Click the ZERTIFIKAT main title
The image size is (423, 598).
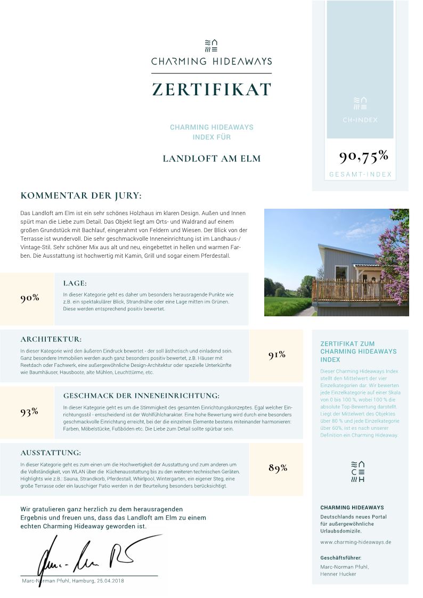pyautogui.click(x=211, y=89)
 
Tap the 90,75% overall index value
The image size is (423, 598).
pyautogui.click(x=363, y=156)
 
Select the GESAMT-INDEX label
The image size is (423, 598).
pyautogui.click(x=360, y=174)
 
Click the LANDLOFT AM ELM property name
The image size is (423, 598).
pyautogui.click(x=211, y=159)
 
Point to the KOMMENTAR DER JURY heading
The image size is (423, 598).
pyautogui.click(x=81, y=196)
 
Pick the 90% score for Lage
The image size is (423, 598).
pyautogui.click(x=30, y=298)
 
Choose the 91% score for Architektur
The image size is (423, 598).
pyautogui.click(x=277, y=355)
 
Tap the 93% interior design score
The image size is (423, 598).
pyautogui.click(x=29, y=411)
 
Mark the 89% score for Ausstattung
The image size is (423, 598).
pyautogui.click(x=278, y=468)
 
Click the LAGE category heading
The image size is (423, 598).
pyautogui.click(x=75, y=283)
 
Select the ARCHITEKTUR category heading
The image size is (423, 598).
pyautogui.click(x=51, y=339)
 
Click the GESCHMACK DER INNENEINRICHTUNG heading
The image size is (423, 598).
pyautogui.click(x=141, y=396)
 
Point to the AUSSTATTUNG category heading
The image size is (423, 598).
pyautogui.click(x=51, y=453)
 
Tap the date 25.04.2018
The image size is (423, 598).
pyautogui.click(x=110, y=580)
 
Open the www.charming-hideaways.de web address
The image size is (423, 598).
pyautogui.click(x=356, y=542)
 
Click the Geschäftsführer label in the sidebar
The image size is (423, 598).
pyautogui.click(x=340, y=558)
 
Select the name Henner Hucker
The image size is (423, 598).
pyautogui.click(x=338, y=574)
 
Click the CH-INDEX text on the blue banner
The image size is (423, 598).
pyautogui.click(x=360, y=120)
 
